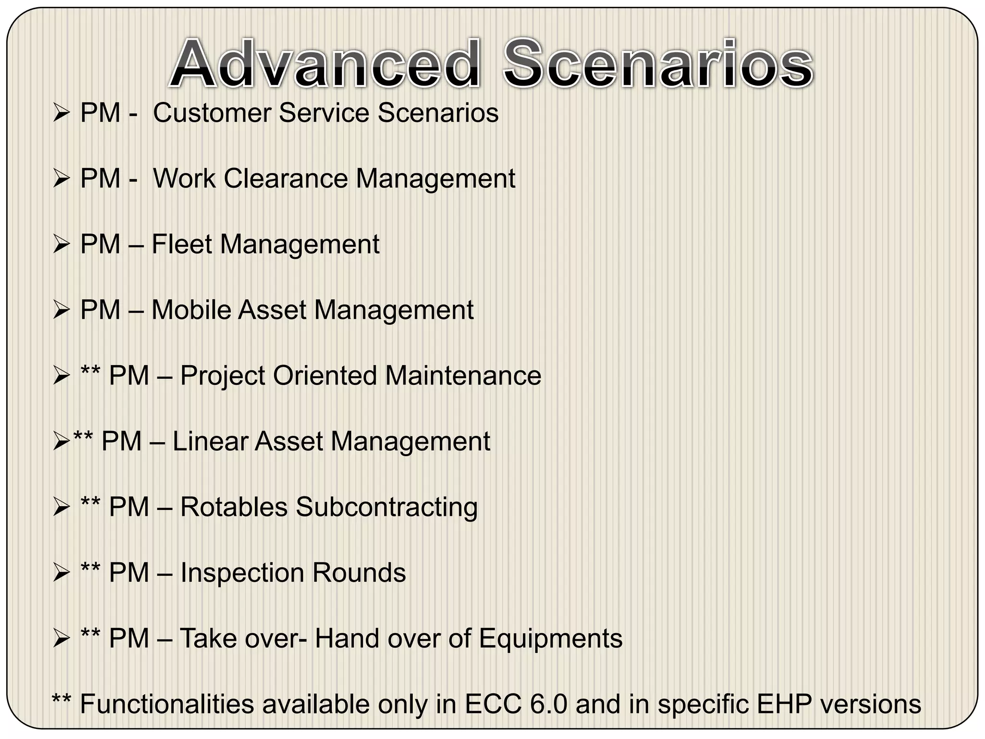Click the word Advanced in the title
pos(325,64)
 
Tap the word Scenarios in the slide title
pos(657,64)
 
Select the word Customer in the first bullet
pos(212,113)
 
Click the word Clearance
pos(286,178)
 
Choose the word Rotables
pos(234,507)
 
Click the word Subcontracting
pos(387,507)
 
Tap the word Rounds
pos(359,573)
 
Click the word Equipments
pos(551,638)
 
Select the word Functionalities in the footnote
pos(166,704)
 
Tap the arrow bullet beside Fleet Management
pos(62,245)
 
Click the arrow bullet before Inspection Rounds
pos(62,573)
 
